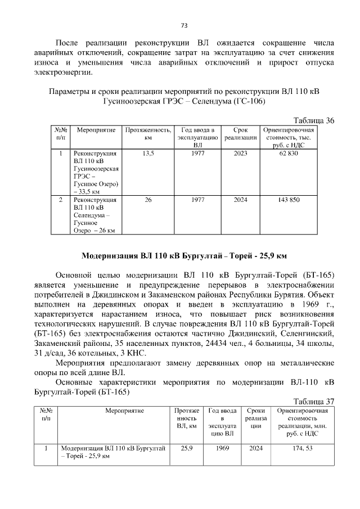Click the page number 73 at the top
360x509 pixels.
tap(184, 25)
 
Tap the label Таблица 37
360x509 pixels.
tap(314, 401)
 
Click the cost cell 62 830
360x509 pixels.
tap(288, 153)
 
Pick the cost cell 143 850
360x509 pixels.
tap(288, 200)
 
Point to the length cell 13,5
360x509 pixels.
tap(148, 153)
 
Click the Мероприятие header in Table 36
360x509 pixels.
tap(93, 130)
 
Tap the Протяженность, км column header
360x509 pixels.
tap(148, 133)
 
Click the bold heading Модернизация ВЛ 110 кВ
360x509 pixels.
tap(184, 256)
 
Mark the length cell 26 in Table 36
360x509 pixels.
tap(148, 200)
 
